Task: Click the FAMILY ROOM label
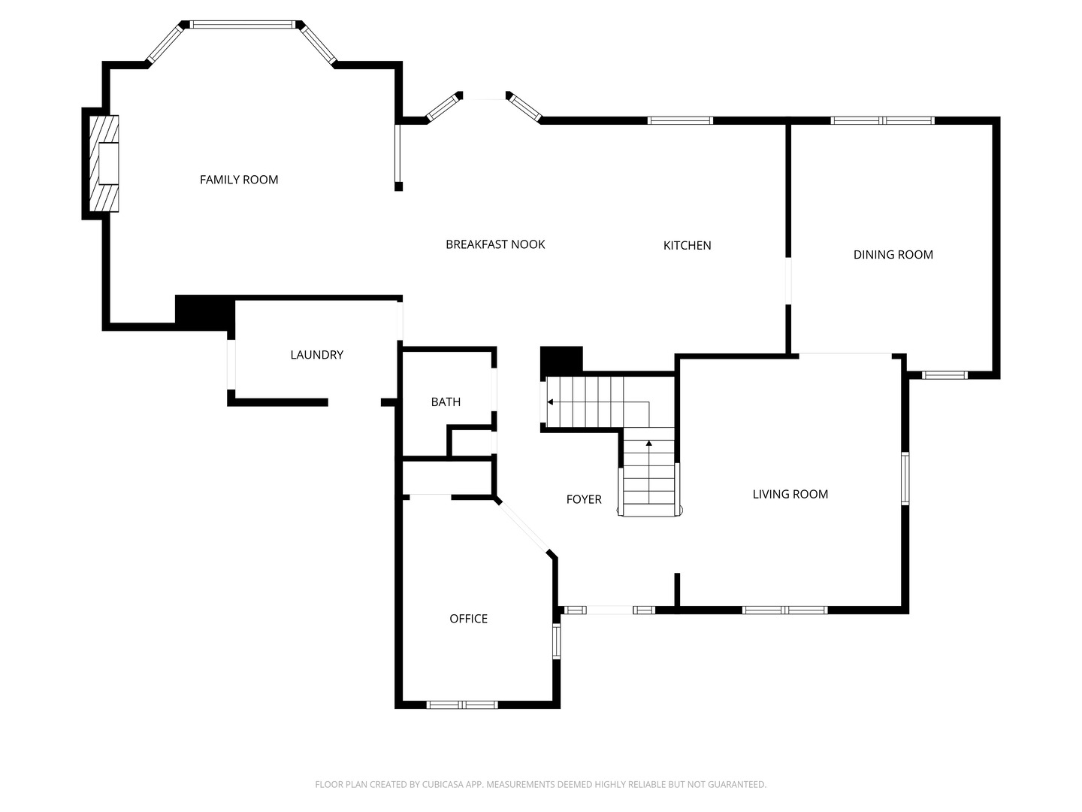(x=239, y=180)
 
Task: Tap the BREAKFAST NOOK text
(x=495, y=244)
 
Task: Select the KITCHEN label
(x=687, y=245)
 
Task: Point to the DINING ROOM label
(x=893, y=255)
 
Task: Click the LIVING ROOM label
(x=790, y=494)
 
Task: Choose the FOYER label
(x=584, y=499)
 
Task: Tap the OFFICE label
(x=468, y=619)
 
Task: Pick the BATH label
(x=446, y=402)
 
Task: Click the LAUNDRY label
(x=316, y=355)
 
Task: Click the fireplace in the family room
(x=104, y=163)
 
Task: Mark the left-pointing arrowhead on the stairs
(x=551, y=402)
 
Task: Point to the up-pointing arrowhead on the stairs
(x=648, y=444)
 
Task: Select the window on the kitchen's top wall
(x=680, y=120)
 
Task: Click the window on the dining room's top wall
(x=882, y=120)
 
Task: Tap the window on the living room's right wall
(x=905, y=478)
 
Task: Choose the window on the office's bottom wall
(x=462, y=704)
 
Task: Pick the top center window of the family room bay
(x=242, y=25)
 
